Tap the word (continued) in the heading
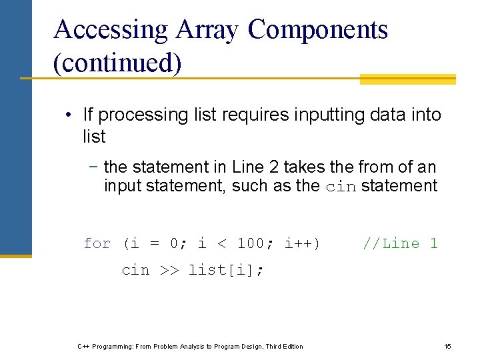117,63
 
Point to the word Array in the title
209,30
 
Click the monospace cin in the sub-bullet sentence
340,187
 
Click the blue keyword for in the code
97,244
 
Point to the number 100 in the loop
251,244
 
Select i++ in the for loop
301,244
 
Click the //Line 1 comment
400,244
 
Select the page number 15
448,347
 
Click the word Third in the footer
274,347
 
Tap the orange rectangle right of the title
407,79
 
